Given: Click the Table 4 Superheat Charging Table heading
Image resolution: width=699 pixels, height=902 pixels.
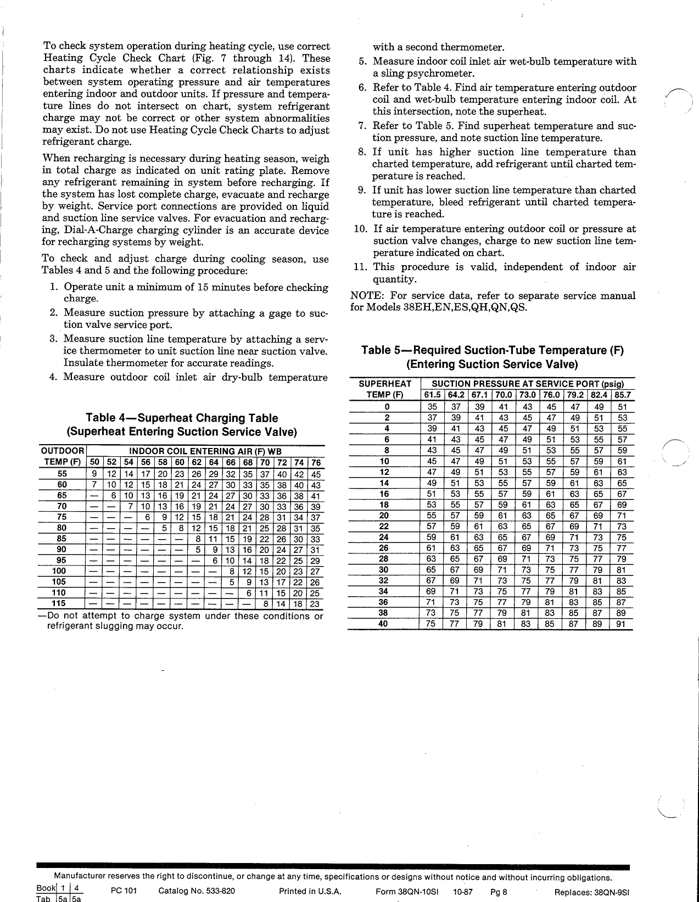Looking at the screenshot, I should (x=181, y=418).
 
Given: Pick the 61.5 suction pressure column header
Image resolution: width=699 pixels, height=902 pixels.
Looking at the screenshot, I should (x=432, y=395).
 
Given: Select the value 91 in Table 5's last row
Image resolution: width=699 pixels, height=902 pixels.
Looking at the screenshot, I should (x=622, y=624).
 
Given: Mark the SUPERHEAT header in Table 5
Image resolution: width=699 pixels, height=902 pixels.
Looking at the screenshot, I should (x=384, y=384).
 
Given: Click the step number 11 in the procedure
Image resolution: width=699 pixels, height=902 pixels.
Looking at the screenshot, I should (x=360, y=267).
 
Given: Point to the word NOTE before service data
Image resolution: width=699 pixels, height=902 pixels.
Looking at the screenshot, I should (x=363, y=296).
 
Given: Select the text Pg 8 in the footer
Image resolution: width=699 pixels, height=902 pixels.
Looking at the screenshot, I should (x=499, y=892).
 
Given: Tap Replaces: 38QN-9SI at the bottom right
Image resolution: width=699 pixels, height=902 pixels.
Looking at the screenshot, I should (x=592, y=892).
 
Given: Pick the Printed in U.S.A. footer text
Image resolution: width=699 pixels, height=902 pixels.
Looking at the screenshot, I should (x=310, y=892).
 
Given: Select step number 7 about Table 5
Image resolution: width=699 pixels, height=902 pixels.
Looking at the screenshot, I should (x=362, y=126).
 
